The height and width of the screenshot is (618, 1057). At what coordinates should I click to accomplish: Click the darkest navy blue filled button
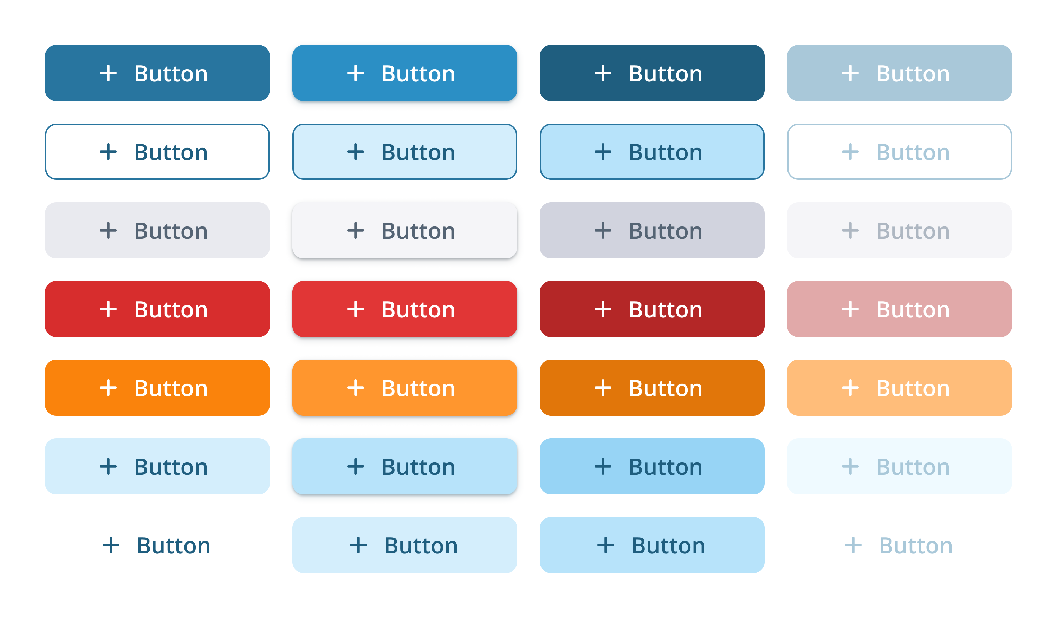(652, 73)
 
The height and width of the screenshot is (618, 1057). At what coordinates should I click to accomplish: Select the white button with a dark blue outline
(157, 152)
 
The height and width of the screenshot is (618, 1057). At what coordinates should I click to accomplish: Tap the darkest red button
(652, 309)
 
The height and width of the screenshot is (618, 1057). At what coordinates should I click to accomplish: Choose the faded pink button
(899, 309)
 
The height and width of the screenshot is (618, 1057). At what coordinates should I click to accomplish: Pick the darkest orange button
(652, 387)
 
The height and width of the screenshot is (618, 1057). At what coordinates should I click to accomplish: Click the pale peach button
(899, 387)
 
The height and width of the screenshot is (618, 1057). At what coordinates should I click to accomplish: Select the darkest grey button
(652, 230)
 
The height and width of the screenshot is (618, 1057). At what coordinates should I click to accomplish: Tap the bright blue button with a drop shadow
(404, 73)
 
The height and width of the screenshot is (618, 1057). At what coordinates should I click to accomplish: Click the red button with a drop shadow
(404, 309)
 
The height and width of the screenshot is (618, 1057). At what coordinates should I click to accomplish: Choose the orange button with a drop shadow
(404, 387)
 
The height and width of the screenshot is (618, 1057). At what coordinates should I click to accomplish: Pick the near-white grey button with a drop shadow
(404, 230)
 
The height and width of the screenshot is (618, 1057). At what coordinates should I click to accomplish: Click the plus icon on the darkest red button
(603, 309)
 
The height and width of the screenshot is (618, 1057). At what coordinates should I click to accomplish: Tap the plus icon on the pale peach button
(850, 387)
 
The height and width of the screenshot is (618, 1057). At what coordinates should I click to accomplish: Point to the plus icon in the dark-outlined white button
(108, 152)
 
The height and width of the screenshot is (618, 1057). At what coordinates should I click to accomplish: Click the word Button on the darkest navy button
(666, 74)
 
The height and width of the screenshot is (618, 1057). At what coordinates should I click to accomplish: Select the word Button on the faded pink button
(913, 310)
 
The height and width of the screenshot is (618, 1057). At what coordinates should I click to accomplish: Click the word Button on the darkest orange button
(666, 388)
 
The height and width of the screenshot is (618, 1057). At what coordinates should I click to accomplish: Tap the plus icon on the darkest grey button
(603, 230)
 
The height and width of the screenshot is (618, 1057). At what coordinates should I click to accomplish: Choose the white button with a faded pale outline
(899, 152)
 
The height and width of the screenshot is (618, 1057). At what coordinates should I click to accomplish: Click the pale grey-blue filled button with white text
(899, 73)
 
